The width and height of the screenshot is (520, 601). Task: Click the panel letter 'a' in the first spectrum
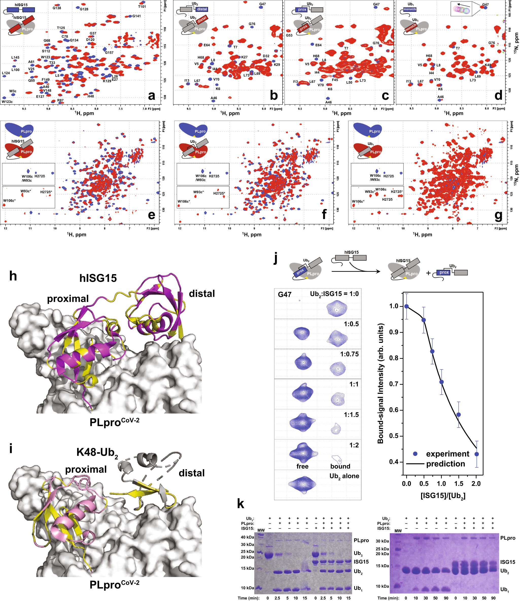coord(151,96)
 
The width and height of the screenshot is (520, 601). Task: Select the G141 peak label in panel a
coord(136,16)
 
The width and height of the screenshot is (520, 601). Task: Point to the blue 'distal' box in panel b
coord(202,9)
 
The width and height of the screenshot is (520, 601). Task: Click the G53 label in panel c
coord(289,36)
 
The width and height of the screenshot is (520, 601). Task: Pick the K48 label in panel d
coord(488,65)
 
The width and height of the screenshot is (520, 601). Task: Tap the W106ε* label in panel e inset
coord(9,200)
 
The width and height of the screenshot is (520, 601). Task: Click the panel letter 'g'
coord(498,215)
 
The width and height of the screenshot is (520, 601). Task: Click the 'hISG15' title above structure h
coord(98,278)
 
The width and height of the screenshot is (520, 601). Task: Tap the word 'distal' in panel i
coord(192,473)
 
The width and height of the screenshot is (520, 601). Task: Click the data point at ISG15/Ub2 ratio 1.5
coord(458,415)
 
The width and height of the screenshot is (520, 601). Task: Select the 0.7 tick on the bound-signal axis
coord(394,384)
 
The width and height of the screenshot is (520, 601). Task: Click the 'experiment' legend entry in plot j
coord(447,454)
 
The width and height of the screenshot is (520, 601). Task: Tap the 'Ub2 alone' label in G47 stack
coord(344,476)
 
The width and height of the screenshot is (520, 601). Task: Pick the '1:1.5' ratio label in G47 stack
coord(351,415)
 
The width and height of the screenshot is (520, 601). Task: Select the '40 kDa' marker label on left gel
coord(247,537)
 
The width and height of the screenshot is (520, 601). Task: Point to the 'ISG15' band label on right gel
coord(508,562)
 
